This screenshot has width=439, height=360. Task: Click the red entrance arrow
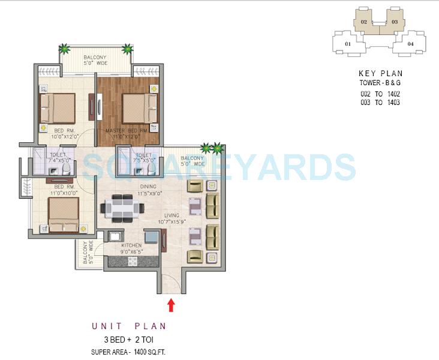(x=171, y=305)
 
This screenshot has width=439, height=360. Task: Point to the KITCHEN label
(x=131, y=246)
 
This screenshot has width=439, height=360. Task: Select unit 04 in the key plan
(x=411, y=44)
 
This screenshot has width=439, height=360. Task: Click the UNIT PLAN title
(x=128, y=326)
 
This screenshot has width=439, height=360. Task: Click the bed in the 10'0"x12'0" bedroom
(x=58, y=108)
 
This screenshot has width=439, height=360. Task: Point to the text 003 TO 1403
(x=380, y=103)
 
